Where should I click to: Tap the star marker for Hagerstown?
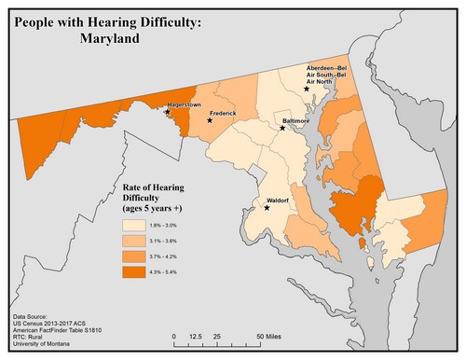[168, 112]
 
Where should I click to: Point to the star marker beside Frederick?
[210, 120]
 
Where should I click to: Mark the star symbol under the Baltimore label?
[283, 129]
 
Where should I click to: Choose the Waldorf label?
[279, 200]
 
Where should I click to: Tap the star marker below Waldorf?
[267, 207]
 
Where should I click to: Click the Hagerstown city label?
[184, 105]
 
